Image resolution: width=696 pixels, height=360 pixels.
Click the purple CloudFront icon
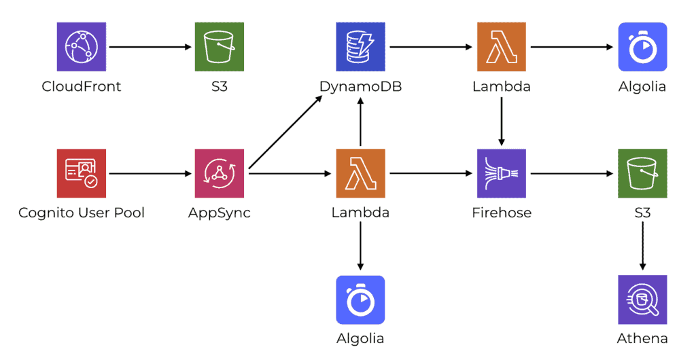82,47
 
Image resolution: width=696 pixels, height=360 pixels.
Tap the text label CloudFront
82,86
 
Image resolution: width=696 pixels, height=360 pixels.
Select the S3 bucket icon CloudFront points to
219,47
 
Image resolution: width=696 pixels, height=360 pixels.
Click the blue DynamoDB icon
360,47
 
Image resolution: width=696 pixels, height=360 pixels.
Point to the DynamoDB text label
360,86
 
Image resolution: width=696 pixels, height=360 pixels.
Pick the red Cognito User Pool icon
82,173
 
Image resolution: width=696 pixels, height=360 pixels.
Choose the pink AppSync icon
219,173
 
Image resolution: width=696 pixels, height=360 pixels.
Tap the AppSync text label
219,213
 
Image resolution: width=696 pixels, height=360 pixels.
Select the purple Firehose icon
502,173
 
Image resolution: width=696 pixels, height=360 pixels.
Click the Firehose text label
502,213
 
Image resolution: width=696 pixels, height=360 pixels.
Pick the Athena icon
642,300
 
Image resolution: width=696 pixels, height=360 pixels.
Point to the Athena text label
642,338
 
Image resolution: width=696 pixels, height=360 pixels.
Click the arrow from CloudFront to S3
150,47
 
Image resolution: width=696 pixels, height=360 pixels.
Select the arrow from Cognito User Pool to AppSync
150,173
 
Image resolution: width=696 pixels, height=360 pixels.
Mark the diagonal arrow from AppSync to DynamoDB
285,132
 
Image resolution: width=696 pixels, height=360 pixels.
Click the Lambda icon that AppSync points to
360,173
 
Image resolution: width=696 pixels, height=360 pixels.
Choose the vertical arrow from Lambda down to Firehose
502,121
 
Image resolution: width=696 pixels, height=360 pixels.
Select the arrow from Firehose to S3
572,173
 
